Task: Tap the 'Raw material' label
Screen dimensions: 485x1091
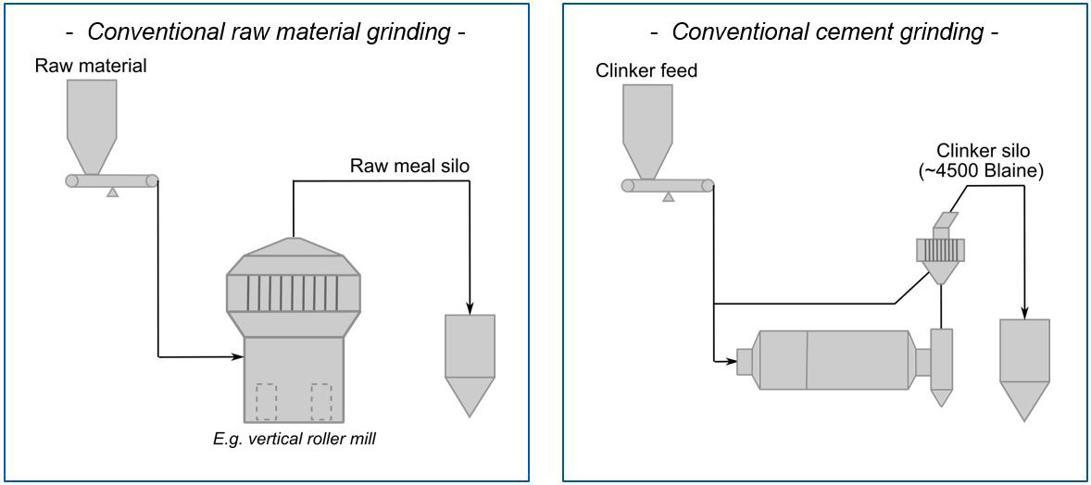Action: pyautogui.click(x=91, y=66)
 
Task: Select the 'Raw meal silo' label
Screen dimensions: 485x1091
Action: pyautogui.click(x=410, y=167)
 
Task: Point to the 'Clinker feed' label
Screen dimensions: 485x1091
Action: pyautogui.click(x=646, y=70)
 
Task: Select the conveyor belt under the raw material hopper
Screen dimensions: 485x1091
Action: pyautogui.click(x=111, y=180)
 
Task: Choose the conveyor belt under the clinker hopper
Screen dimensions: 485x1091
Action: pyautogui.click(x=667, y=185)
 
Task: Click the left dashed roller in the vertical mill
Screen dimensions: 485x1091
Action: pyautogui.click(x=265, y=402)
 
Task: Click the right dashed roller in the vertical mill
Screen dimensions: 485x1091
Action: pyautogui.click(x=321, y=402)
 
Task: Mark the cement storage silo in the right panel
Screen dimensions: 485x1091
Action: pyautogui.click(x=1024, y=366)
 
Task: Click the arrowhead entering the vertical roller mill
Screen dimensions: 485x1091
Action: pyautogui.click(x=236, y=354)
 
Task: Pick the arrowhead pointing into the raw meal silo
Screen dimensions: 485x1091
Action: pyautogui.click(x=470, y=309)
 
